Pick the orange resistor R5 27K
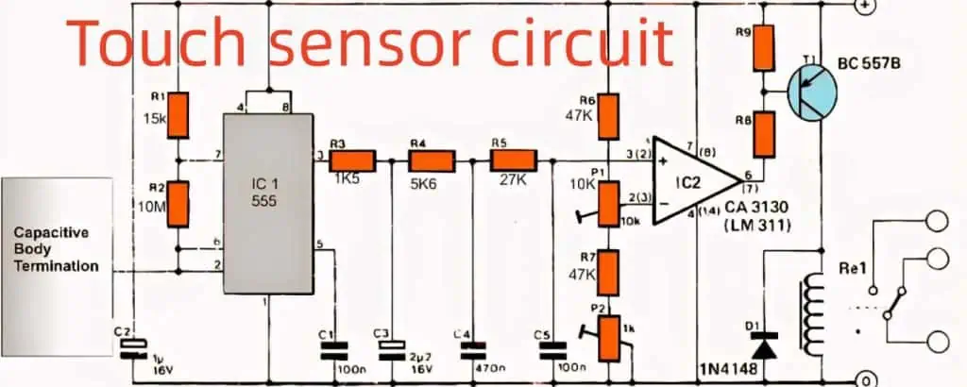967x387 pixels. point(513,160)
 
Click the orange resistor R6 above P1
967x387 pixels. point(609,115)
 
